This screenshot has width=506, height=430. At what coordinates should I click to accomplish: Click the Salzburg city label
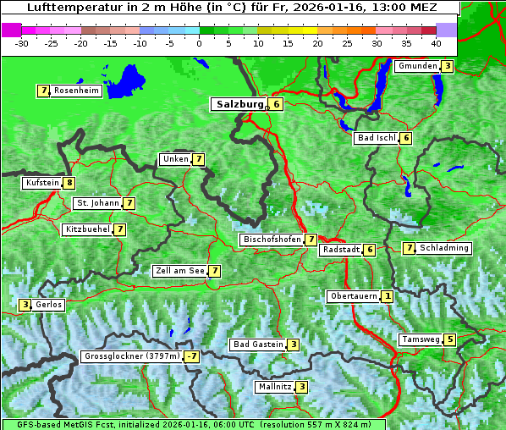click(x=238, y=105)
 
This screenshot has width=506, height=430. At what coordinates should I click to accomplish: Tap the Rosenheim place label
click(x=76, y=91)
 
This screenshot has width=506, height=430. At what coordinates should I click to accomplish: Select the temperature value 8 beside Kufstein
click(x=69, y=183)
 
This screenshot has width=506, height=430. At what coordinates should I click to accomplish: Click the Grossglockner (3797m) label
click(x=133, y=357)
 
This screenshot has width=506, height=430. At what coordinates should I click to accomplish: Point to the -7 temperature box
click(x=192, y=357)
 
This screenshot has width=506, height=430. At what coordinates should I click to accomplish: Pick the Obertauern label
click(x=353, y=296)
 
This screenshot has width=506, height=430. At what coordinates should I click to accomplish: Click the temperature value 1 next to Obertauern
click(x=387, y=296)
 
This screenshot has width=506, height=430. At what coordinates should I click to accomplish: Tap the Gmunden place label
click(x=417, y=66)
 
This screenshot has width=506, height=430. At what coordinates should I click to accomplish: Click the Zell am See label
click(x=180, y=271)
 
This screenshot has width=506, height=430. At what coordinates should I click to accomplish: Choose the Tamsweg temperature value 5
click(x=450, y=339)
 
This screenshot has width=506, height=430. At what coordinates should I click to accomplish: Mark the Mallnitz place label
click(x=274, y=387)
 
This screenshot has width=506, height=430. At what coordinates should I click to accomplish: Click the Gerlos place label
click(x=48, y=305)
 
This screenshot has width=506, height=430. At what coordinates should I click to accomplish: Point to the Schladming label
click(x=443, y=248)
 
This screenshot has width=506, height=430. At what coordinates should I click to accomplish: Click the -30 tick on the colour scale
click(x=23, y=42)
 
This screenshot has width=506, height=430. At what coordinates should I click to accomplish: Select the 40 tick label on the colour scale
click(x=435, y=42)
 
